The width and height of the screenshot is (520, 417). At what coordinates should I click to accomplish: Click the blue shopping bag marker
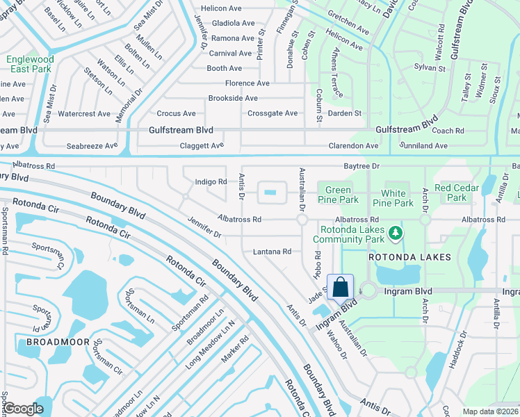(x=340, y=286)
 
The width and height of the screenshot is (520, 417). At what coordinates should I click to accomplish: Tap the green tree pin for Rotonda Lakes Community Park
(x=396, y=232)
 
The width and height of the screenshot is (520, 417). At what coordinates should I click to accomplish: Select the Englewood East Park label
(x=30, y=65)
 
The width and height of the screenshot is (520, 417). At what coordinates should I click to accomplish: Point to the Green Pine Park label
(x=338, y=195)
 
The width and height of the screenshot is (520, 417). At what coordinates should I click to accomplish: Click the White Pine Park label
(x=397, y=199)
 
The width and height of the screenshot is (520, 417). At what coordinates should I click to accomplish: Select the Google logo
(x=24, y=409)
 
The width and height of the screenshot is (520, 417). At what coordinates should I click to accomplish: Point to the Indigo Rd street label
(x=211, y=182)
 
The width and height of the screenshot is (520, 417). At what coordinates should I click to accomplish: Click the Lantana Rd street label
(x=272, y=252)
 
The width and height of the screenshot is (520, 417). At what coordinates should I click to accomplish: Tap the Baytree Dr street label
(x=361, y=166)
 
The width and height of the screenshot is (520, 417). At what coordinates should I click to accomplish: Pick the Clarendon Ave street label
(x=354, y=146)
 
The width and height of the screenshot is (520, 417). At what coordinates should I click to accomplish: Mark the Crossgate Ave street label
(x=273, y=113)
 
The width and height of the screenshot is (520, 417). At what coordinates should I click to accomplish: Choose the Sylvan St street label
(x=429, y=68)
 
